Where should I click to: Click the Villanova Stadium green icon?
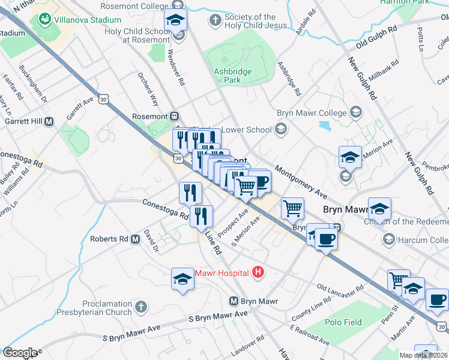tap(44, 19)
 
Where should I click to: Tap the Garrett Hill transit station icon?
tap(49, 121)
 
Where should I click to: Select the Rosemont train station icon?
tap(175, 116)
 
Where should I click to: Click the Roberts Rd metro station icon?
tap(135, 239)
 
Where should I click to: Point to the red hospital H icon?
tap(258, 273)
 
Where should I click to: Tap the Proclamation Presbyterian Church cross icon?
tap(140, 307)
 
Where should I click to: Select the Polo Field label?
tap(344, 322)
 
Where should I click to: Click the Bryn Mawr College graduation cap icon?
tap(356, 112)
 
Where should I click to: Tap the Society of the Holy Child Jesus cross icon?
tap(215, 21)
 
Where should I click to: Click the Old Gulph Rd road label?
tap(376, 37)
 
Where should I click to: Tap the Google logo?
tap(19, 352)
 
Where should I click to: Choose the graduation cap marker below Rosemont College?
tap(176, 22)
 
